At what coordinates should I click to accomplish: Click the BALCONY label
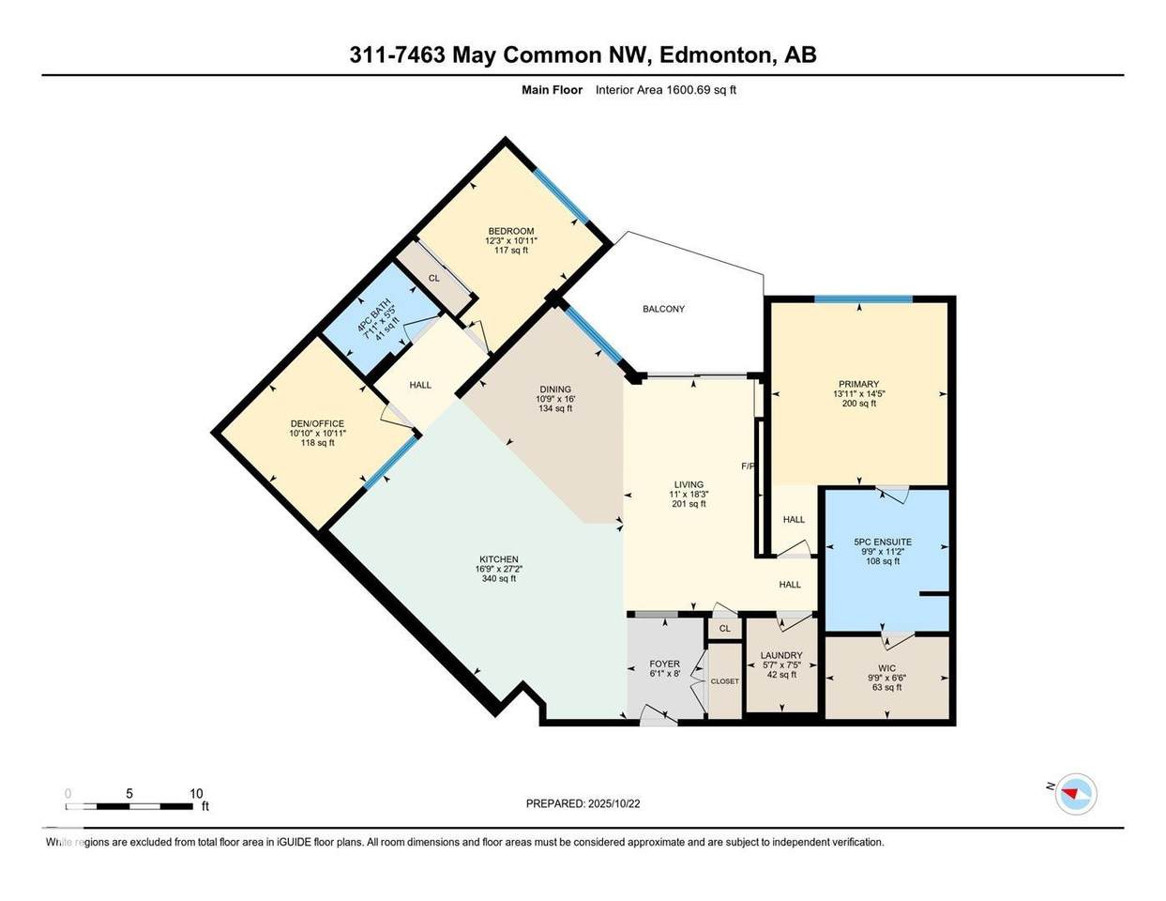[x=663, y=309]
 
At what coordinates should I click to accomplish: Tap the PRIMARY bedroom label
[x=858, y=384]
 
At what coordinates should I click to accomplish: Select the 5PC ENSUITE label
[x=882, y=542]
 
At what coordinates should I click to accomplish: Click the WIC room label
[x=886, y=668]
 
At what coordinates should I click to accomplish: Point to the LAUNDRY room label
[x=780, y=655]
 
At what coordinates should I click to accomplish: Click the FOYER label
[x=664, y=664]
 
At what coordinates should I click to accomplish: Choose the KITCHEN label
[x=497, y=559]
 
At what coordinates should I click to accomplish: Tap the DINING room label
[x=554, y=389]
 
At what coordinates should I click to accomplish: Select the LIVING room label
[x=689, y=484]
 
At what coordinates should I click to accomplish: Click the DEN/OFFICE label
[x=318, y=423]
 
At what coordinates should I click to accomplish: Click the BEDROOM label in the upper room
[x=510, y=232]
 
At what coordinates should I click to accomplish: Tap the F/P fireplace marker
[x=748, y=466]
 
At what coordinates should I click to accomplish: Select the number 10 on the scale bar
[x=196, y=793]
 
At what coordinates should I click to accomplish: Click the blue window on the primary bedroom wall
[x=862, y=299]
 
